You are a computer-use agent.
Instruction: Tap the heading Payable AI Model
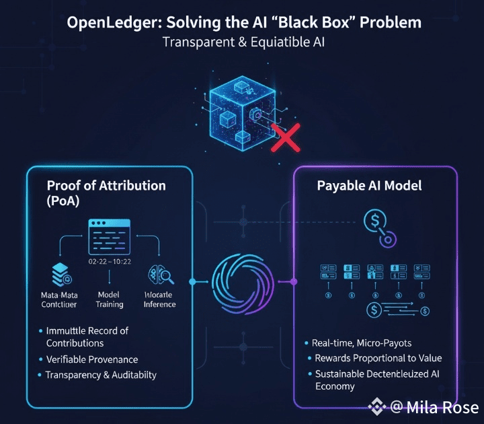369,186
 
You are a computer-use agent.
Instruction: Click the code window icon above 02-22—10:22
109,236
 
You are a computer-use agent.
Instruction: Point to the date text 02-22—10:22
109,261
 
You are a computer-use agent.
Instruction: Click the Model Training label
109,299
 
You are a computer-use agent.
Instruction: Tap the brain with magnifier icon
159,277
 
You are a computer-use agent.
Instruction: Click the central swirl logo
241,281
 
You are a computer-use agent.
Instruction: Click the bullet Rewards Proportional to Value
378,358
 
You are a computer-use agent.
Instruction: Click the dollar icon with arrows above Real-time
397,310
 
